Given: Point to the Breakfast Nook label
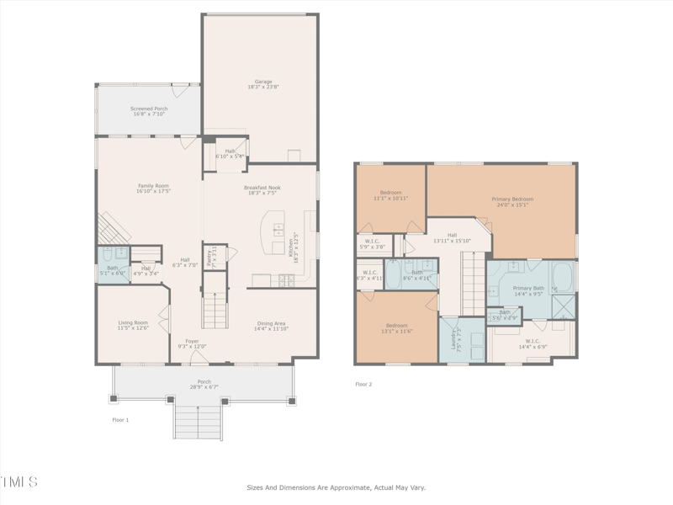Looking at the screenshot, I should [x=262, y=189].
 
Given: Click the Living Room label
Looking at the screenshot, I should [x=132, y=325].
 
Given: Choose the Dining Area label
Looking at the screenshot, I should [x=271, y=325].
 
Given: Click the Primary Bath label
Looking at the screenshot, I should [x=528, y=290].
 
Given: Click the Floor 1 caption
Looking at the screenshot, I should [x=120, y=419].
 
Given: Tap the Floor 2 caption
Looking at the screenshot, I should [x=363, y=384].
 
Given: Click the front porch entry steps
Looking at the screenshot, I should [x=199, y=420].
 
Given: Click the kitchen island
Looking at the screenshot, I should [x=273, y=231].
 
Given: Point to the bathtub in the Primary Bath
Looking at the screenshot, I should [x=563, y=275].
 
